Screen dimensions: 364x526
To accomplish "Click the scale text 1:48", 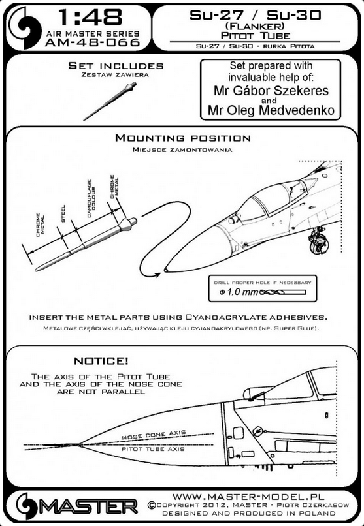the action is coord(91,18).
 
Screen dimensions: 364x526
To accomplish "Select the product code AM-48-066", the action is coord(92,42).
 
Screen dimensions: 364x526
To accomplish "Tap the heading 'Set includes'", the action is coord(116,65).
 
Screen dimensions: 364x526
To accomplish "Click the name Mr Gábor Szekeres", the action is coord(271,91).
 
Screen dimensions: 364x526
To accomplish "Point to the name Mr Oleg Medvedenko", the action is coord(271,110).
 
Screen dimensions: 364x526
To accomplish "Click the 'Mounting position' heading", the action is coord(183,138).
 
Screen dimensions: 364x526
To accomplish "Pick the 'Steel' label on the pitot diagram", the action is coord(63,213).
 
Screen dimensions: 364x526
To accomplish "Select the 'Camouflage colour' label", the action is coord(91,198).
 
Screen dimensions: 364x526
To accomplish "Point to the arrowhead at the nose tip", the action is coord(156,275).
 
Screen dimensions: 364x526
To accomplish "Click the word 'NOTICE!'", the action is coord(101,361).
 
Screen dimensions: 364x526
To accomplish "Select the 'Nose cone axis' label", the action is coord(154,435).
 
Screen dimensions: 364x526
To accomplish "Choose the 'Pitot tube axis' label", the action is coord(153,449).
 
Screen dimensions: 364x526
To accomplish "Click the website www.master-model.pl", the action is coord(248,497).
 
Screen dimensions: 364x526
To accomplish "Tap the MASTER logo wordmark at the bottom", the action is coord(91,506).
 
